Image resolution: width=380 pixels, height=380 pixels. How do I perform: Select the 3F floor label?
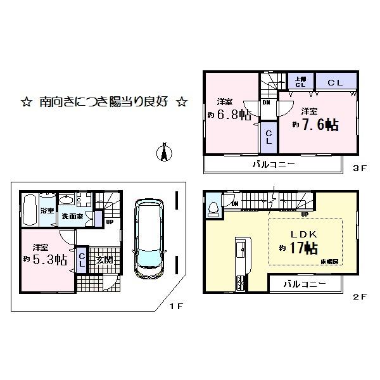(360, 168)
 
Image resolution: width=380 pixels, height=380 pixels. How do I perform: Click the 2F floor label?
(360, 296)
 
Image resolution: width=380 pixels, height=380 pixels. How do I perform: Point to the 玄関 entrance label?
(104, 258)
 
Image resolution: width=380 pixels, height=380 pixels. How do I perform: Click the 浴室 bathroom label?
(47, 210)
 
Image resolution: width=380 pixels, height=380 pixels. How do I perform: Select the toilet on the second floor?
(213, 206)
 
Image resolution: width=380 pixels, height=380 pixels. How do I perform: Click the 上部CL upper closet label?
(299, 82)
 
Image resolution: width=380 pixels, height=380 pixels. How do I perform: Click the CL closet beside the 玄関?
(82, 260)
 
